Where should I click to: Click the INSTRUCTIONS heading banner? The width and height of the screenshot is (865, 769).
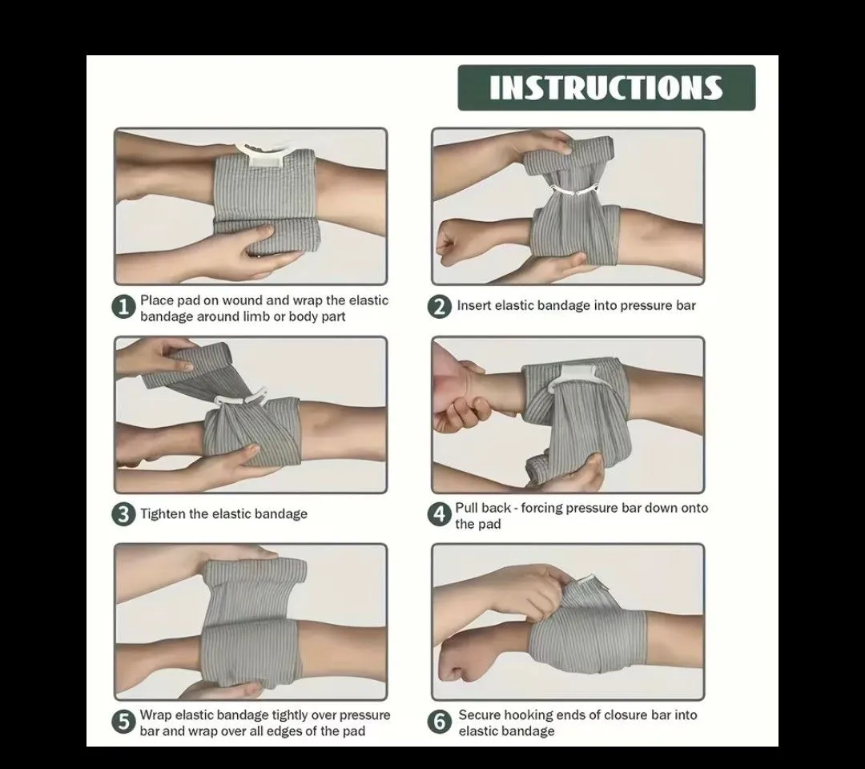tap(606, 87)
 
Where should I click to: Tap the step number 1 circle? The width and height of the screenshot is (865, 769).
tap(123, 308)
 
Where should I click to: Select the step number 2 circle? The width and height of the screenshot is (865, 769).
tap(440, 306)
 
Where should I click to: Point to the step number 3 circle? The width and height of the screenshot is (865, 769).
tap(123, 514)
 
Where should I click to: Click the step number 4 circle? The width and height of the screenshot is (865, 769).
tap(440, 515)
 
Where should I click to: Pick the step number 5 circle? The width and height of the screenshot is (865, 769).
tap(123, 722)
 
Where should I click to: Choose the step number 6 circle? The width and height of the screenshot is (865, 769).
tap(440, 722)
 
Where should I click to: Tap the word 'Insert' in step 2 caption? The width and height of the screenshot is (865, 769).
tap(474, 306)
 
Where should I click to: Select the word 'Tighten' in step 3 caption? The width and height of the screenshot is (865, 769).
tap(163, 514)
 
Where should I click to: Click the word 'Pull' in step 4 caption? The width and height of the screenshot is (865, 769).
tap(467, 508)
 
